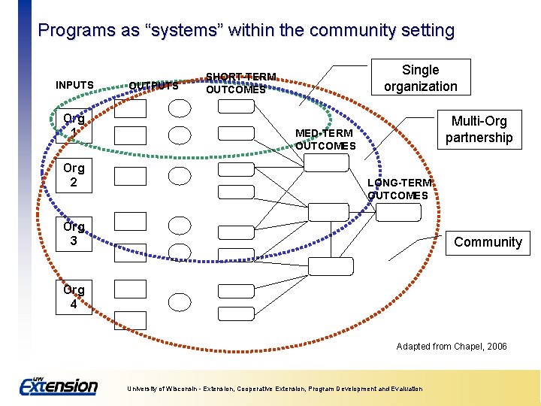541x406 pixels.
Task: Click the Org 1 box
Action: (74, 126)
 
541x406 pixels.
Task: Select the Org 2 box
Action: (74, 175)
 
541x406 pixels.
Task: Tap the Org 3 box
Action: (74, 233)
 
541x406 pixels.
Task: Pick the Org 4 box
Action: (74, 297)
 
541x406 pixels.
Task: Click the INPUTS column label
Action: (74, 85)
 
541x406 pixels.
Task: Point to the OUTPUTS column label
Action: (153, 86)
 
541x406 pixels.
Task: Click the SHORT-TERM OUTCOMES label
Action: (240, 83)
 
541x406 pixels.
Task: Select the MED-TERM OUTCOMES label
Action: (325, 139)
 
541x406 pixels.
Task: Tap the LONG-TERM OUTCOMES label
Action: (398, 189)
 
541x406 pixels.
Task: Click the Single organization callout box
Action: (420, 78)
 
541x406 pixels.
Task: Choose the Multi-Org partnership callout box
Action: (479, 129)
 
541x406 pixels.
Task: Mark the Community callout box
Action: (488, 242)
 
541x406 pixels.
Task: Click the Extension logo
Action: (59, 386)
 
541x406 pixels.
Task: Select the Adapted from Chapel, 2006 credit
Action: (452, 347)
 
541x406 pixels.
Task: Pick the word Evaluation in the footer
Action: (404, 389)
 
